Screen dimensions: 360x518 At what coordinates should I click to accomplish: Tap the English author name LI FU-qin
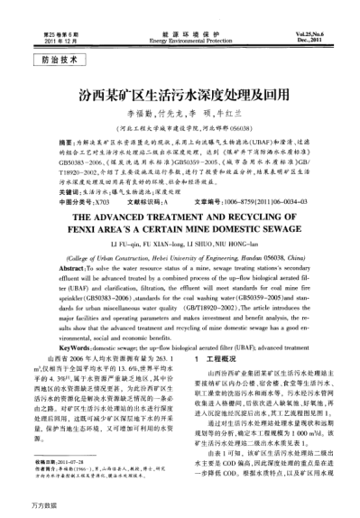pyautogui.click(x=121, y=245)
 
